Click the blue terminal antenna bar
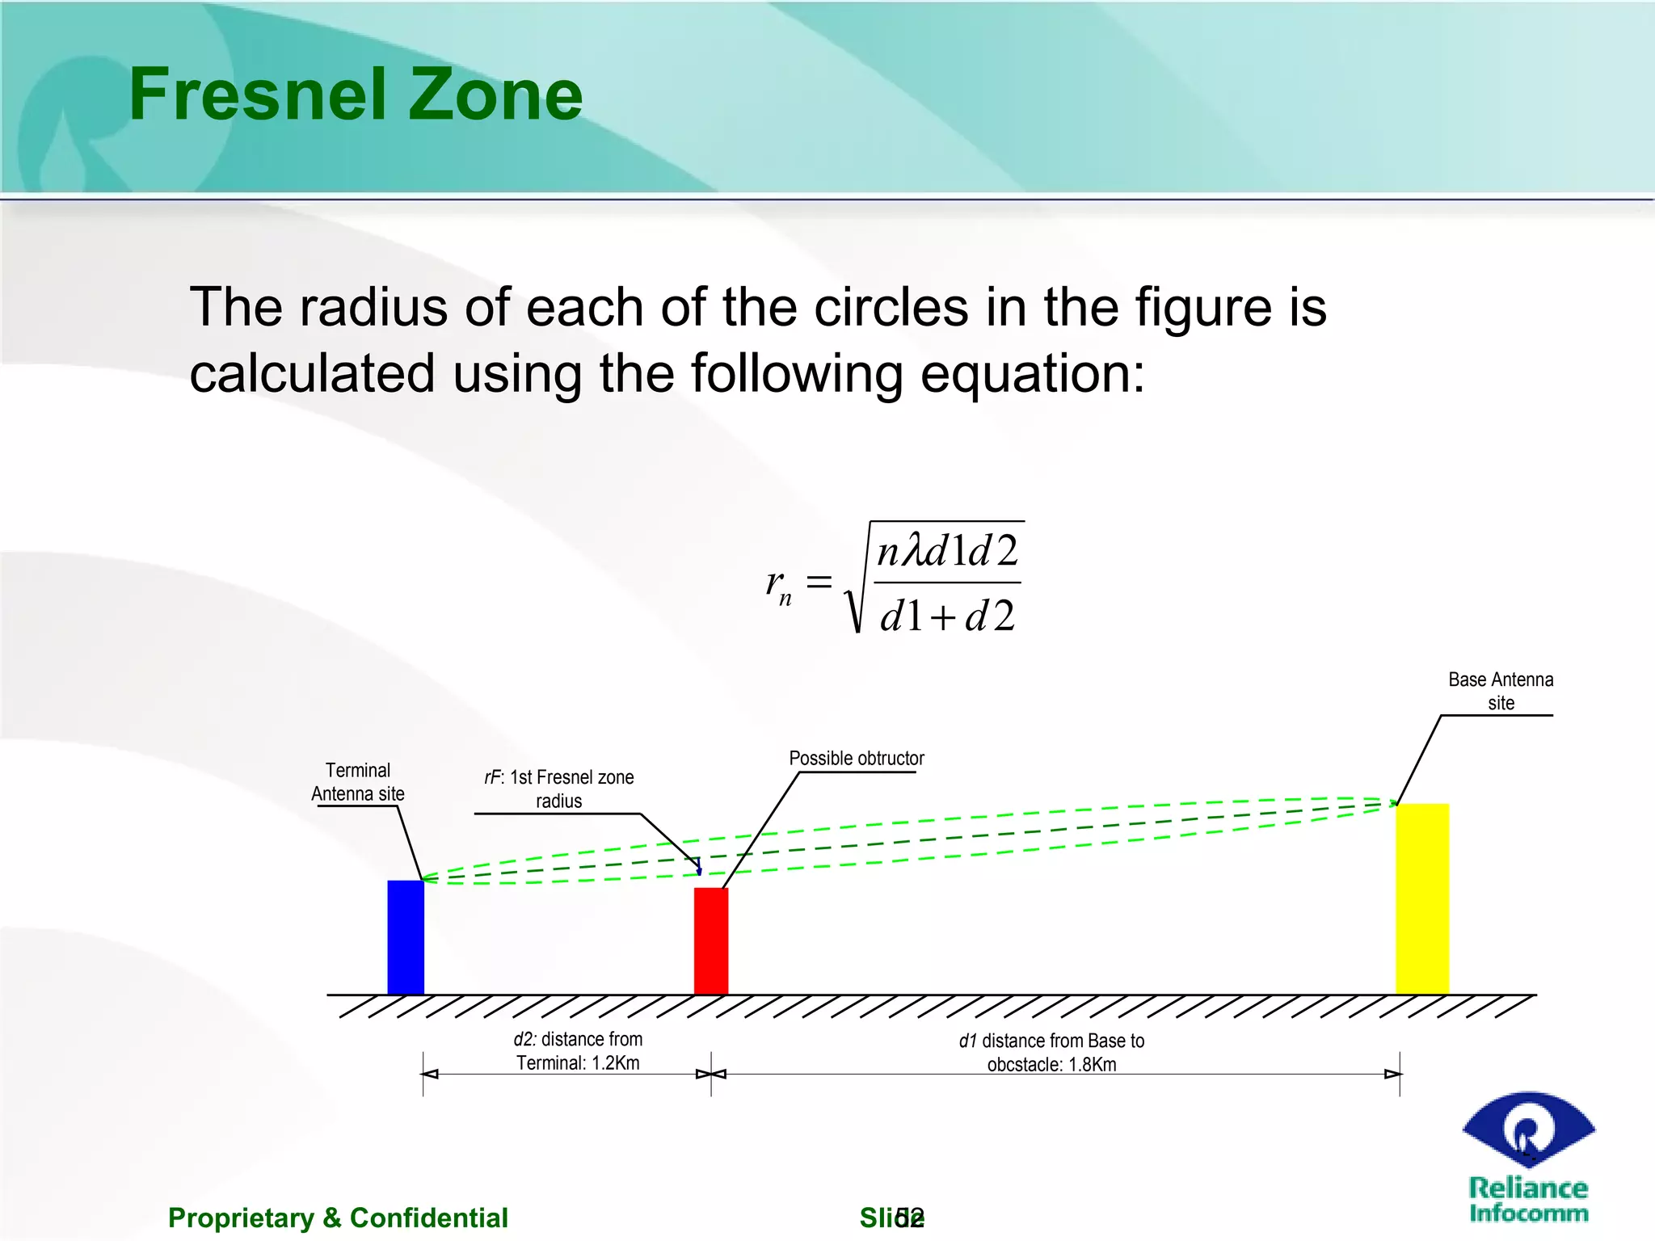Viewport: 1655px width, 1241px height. [406, 937]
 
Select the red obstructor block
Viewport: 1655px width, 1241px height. [711, 940]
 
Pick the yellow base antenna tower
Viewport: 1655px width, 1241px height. [1422, 898]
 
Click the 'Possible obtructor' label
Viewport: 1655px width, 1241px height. [857, 759]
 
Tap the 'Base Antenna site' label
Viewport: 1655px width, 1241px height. [1501, 691]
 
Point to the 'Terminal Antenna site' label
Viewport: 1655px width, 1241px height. [358, 782]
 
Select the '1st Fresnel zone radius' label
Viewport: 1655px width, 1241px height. [559, 789]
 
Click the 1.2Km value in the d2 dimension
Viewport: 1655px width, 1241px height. [615, 1063]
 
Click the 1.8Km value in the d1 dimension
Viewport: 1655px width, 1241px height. [1092, 1065]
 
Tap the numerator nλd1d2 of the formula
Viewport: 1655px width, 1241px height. [947, 552]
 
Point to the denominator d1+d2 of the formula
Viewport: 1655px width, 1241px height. [947, 616]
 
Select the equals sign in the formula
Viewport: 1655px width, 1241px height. [819, 581]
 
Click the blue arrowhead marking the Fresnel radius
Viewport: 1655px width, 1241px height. [700, 871]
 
